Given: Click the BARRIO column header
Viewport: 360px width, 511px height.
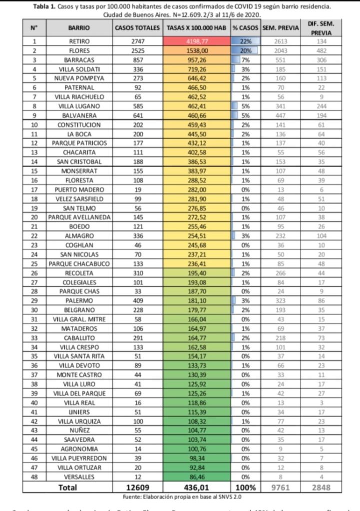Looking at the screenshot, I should (x=79, y=28).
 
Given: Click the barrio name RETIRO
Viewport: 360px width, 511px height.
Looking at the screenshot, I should (x=79, y=42).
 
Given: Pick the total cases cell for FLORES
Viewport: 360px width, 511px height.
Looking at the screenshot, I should (x=137, y=51).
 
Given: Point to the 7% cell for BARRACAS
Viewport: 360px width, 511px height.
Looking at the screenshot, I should (x=245, y=60).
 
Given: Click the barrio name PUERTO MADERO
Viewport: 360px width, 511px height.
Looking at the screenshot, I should (x=79, y=189).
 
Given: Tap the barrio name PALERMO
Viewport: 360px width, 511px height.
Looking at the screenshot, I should (x=79, y=300).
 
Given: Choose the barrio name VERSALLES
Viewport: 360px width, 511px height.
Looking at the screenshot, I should (x=79, y=476).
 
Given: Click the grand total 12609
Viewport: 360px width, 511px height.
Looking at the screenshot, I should (x=137, y=487).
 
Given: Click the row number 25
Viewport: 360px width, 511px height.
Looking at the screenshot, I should (x=34, y=263).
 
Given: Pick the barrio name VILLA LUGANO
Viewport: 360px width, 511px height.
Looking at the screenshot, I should (x=79, y=106).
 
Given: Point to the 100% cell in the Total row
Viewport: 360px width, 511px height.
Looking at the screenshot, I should (x=245, y=487).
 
